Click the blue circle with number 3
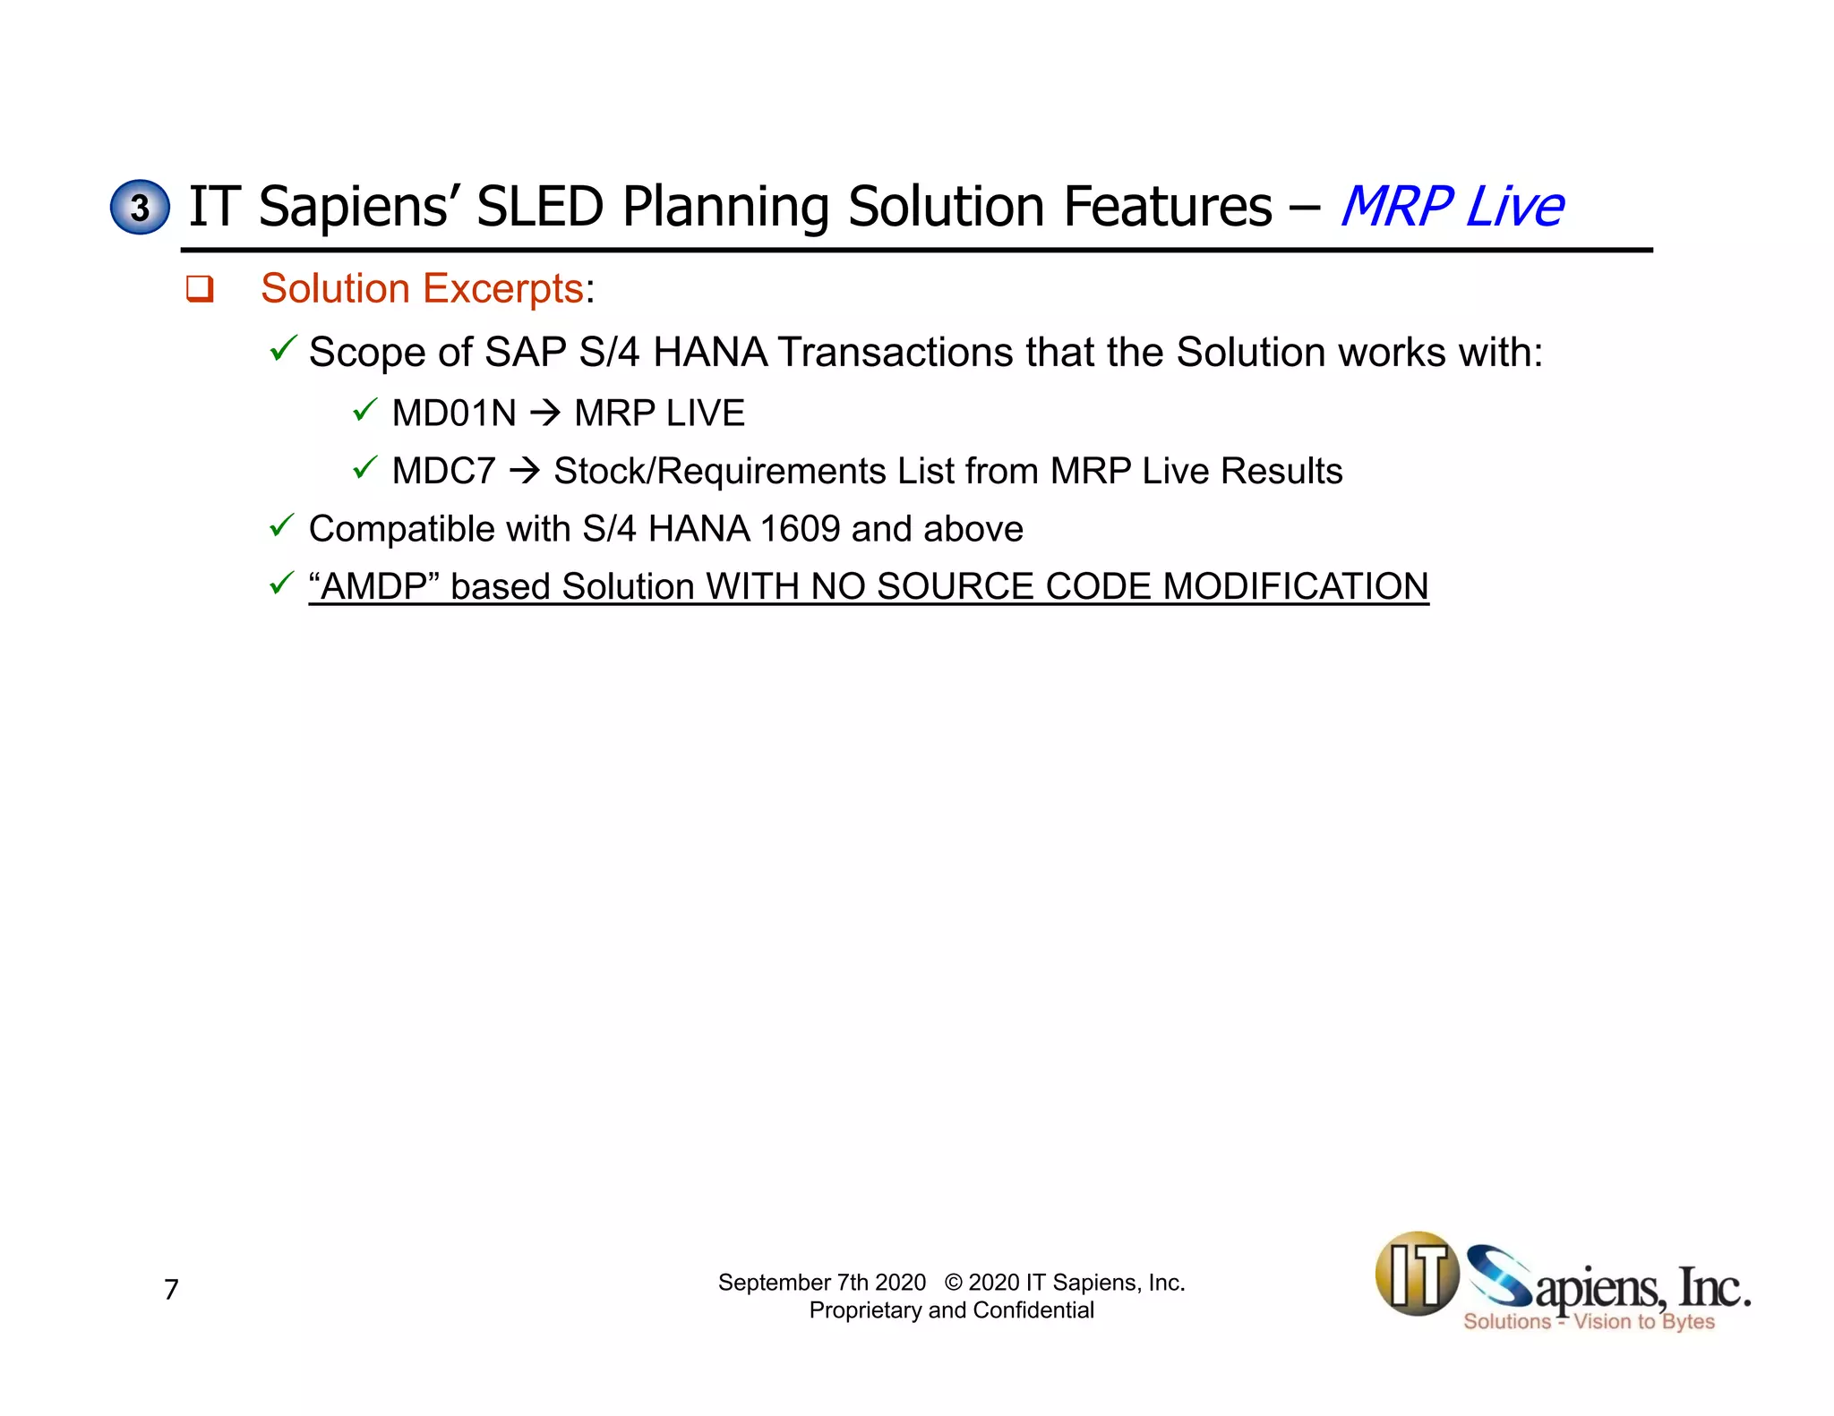140,208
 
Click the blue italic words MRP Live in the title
1451,208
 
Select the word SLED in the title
540,208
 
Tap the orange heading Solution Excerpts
422,289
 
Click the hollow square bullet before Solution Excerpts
200,289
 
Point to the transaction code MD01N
454,414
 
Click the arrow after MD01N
544,414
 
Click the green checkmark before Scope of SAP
282,348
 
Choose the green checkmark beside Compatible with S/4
282,526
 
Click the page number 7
171,1290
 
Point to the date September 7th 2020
821,1283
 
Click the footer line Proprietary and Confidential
951,1310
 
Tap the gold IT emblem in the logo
1417,1275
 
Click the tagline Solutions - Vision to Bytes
1589,1322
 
